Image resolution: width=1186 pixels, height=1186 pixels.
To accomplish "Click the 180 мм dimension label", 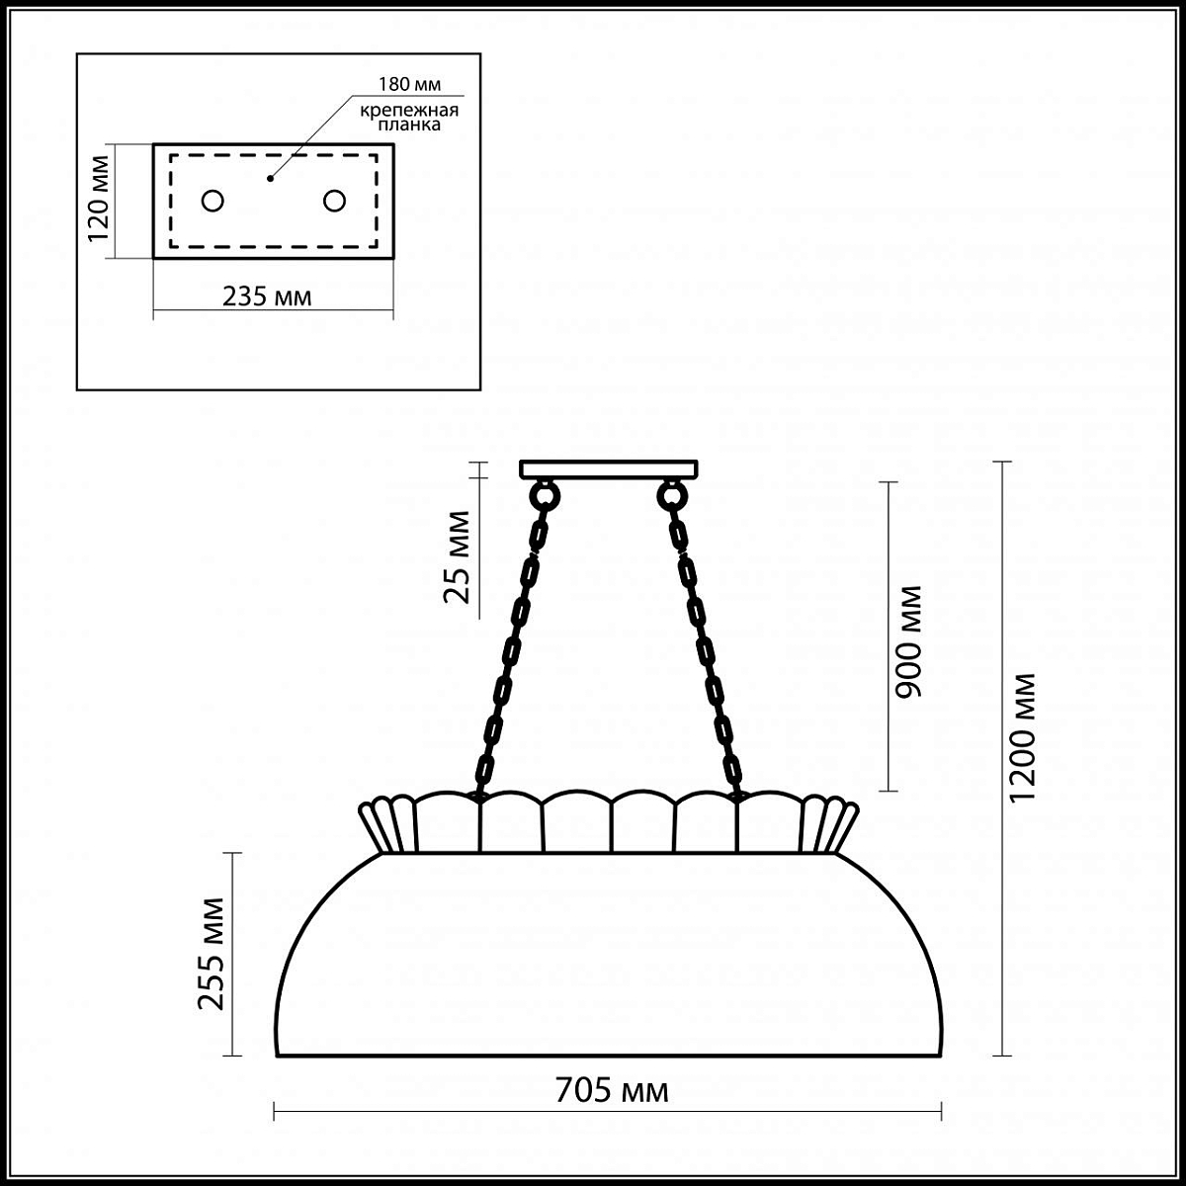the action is pyautogui.click(x=409, y=84).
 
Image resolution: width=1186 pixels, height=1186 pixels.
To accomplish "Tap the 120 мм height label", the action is pyautogui.click(x=99, y=199).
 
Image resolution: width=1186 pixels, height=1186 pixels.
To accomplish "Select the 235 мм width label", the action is pyautogui.click(x=267, y=296).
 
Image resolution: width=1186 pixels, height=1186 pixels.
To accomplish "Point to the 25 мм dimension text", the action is pyautogui.click(x=457, y=556).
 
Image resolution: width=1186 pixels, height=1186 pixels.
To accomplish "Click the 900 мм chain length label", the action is pyautogui.click(x=908, y=642).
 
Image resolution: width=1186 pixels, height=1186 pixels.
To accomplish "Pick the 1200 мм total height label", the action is pyautogui.click(x=1023, y=736).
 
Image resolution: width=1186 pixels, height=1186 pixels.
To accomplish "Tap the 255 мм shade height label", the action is pyautogui.click(x=212, y=954).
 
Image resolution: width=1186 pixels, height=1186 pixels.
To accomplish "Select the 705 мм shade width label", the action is pyautogui.click(x=612, y=1090).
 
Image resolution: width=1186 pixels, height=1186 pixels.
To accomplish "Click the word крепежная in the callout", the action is pyautogui.click(x=409, y=111).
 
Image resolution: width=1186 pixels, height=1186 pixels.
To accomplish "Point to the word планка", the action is pyautogui.click(x=409, y=125).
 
